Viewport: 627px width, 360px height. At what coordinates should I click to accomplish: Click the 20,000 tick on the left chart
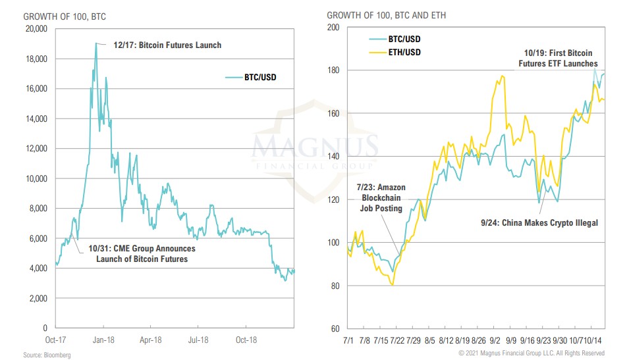35,29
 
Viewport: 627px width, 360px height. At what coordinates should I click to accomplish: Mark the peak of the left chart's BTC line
96,43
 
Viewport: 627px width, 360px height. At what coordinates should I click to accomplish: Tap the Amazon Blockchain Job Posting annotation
381,197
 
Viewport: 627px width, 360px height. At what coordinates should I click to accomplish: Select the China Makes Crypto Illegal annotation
539,223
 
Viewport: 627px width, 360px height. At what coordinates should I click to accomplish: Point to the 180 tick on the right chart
333,70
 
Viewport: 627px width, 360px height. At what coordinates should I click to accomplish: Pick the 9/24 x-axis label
544,341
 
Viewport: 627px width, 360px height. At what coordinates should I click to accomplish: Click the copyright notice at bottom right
531,354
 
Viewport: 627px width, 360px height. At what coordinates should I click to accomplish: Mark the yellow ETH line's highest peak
502,76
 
